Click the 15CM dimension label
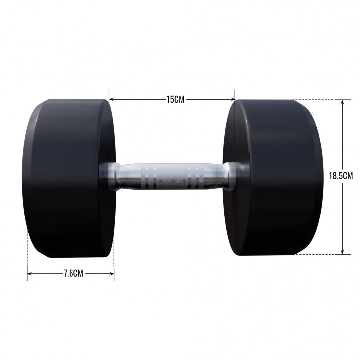coord(175,99)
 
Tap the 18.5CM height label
coord(341,175)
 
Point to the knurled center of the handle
coord(175,177)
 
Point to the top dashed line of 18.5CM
coord(318,100)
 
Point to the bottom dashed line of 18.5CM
coord(318,255)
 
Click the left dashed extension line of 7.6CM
coord(27,248)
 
